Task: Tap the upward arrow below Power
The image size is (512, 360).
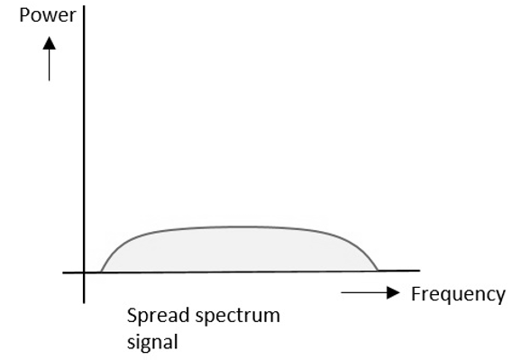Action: click(x=50, y=58)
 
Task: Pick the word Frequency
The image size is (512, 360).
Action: click(x=458, y=294)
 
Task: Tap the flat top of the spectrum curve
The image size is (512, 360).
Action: click(x=239, y=226)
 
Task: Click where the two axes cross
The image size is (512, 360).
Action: click(x=83, y=272)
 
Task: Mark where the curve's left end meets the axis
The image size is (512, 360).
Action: click(x=100, y=270)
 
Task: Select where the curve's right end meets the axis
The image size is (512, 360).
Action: click(x=377, y=270)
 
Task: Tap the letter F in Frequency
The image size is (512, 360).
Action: click(x=416, y=294)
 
